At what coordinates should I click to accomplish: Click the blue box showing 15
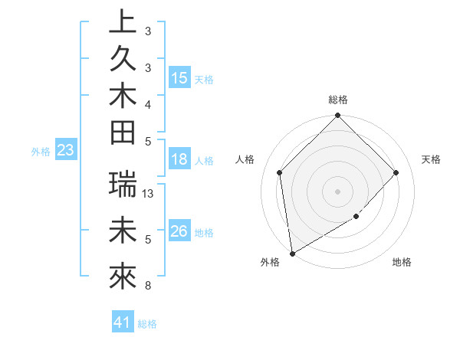click(x=179, y=77)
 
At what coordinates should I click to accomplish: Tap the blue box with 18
click(x=179, y=159)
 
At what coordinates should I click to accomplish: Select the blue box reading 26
click(x=179, y=231)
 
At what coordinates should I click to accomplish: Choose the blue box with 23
click(x=66, y=150)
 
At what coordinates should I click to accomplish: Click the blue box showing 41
click(x=123, y=322)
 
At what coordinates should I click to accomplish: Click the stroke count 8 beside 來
click(x=147, y=286)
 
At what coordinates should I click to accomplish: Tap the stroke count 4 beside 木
click(x=147, y=103)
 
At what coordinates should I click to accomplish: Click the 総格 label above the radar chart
click(x=338, y=100)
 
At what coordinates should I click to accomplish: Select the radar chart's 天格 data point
click(x=396, y=172)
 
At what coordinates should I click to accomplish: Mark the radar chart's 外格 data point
click(x=292, y=253)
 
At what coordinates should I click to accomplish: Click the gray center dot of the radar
click(x=338, y=191)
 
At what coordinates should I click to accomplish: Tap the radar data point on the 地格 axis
click(x=356, y=217)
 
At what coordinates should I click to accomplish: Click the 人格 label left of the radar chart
click(x=245, y=159)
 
